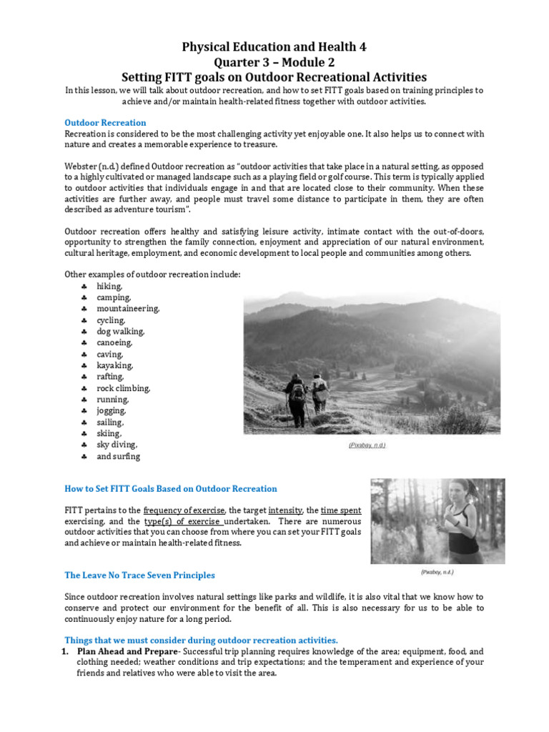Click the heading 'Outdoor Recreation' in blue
pyautogui.click(x=105, y=122)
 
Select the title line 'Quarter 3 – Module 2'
pyautogui.click(x=274, y=61)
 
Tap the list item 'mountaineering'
pyautogui.click(x=128, y=309)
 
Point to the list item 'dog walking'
pyautogui.click(x=120, y=332)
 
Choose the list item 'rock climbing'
pyautogui.click(x=124, y=388)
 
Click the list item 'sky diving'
pyautogui.click(x=117, y=445)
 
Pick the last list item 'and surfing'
pyautogui.click(x=118, y=456)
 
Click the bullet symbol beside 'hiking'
pyautogui.click(x=84, y=286)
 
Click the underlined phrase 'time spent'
pyautogui.click(x=340, y=510)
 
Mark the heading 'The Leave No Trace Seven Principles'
pyautogui.click(x=139, y=575)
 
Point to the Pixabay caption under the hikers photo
pyautogui.click(x=367, y=445)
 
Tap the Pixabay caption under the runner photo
pyautogui.click(x=437, y=573)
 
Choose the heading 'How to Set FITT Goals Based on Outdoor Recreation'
pyautogui.click(x=171, y=489)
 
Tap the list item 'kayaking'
pyautogui.click(x=115, y=365)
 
